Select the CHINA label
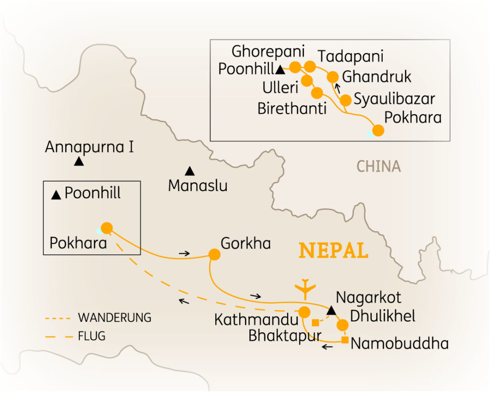point(379,166)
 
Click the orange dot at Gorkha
point(214,255)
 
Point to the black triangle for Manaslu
point(190,170)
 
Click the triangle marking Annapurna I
point(79,162)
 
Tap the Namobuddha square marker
point(345,340)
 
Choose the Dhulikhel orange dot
point(342,325)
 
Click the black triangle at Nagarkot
point(330,311)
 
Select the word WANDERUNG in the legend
point(114,317)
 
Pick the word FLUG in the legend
point(91,336)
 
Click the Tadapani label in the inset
point(351,56)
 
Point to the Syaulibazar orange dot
point(345,100)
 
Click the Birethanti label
point(292,109)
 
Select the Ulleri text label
point(280,87)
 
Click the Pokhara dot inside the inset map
point(378,131)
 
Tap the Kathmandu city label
point(256,320)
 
